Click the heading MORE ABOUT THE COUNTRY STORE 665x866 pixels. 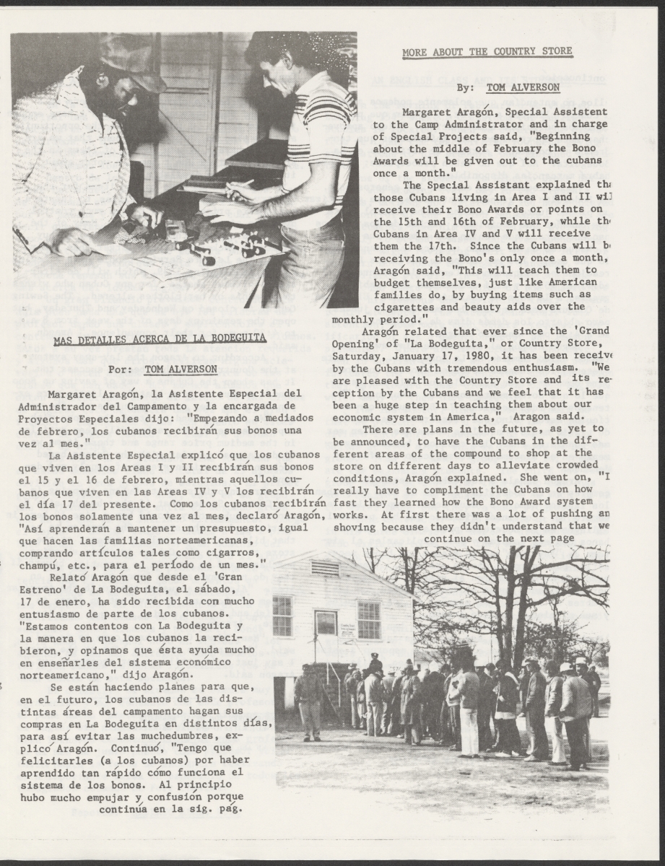pyautogui.click(x=487, y=51)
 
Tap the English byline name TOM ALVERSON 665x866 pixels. pyautogui.click(x=523, y=87)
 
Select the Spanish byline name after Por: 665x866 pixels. pyautogui.click(x=181, y=369)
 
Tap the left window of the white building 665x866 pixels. pyautogui.click(x=282, y=616)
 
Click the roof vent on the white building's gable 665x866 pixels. pyautogui.click(x=325, y=568)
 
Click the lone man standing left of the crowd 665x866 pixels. pyautogui.click(x=310, y=700)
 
